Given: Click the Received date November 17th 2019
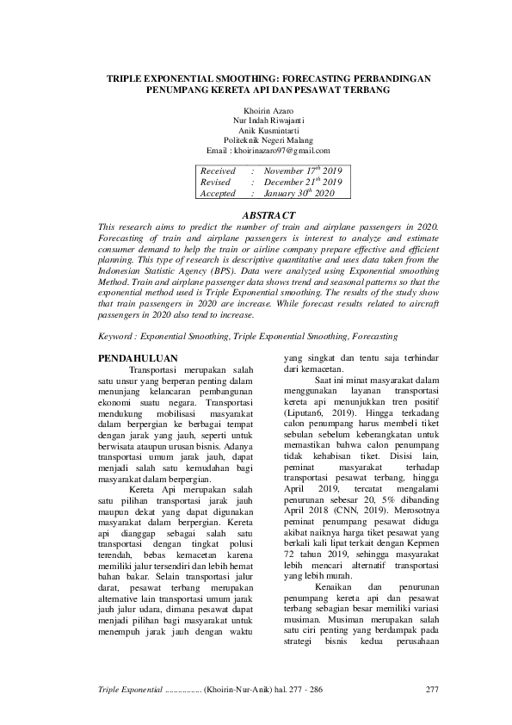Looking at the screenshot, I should tap(303, 171).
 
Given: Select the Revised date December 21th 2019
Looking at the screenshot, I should tap(303, 183).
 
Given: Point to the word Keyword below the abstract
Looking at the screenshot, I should tap(118, 337).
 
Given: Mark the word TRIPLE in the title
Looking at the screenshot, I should tap(126, 77).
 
